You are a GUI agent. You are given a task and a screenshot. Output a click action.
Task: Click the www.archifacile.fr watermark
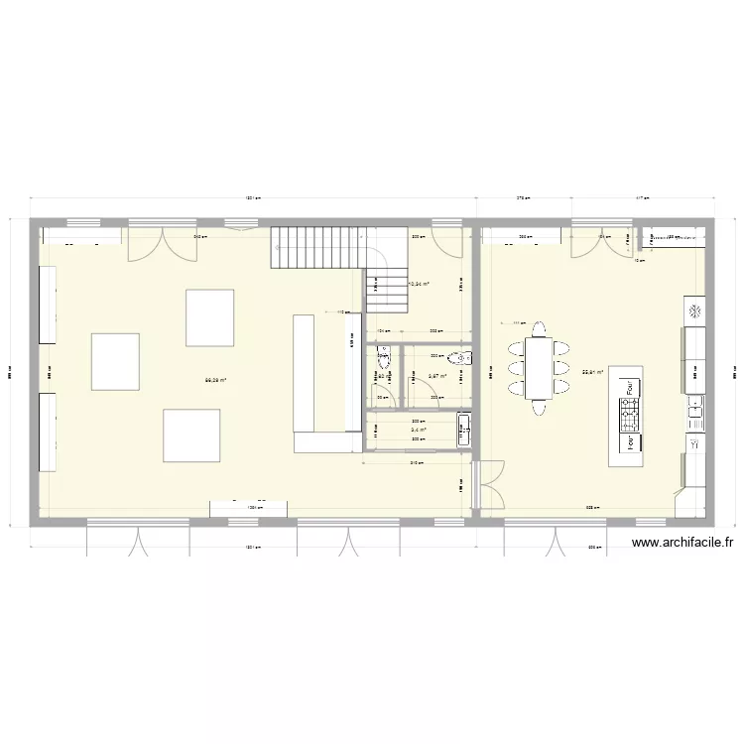pyautogui.click(x=682, y=543)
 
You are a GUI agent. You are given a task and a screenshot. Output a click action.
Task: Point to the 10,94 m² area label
pyautogui.click(x=419, y=284)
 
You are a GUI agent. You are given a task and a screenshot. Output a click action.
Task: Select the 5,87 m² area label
pyautogui.click(x=437, y=376)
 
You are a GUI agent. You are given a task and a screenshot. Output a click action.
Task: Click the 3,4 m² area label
pyautogui.click(x=419, y=430)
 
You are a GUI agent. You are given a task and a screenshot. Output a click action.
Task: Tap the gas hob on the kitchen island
pyautogui.click(x=627, y=417)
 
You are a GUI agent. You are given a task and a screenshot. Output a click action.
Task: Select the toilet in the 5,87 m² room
pyautogui.click(x=458, y=358)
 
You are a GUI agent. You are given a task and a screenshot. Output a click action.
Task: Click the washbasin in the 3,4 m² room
pyautogui.click(x=464, y=430)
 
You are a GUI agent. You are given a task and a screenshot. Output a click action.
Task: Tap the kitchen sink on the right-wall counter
pyautogui.click(x=695, y=408)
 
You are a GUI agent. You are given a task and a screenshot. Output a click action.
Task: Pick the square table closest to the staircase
pyautogui.click(x=210, y=317)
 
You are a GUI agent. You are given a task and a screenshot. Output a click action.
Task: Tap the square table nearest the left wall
pyautogui.click(x=117, y=361)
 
